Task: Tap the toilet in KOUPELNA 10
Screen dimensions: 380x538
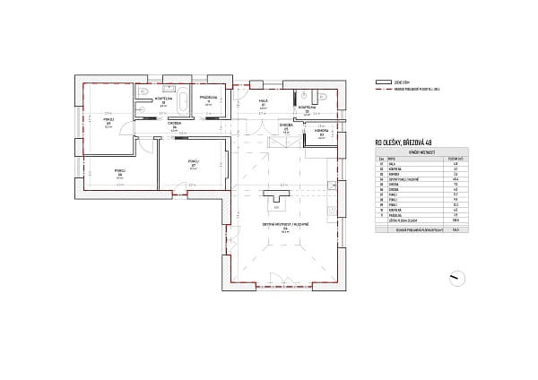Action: [143, 92]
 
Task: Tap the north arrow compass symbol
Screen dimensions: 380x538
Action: [456, 277]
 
